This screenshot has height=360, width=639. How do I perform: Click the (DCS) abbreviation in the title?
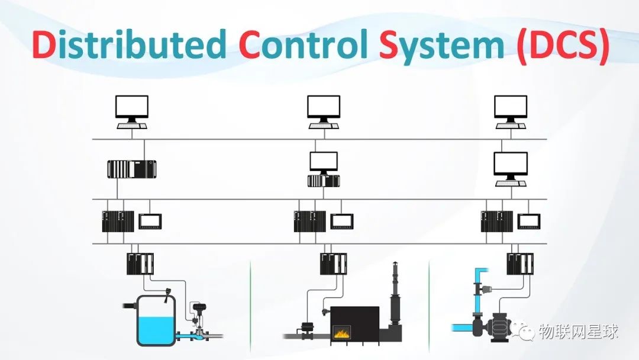pyautogui.click(x=562, y=45)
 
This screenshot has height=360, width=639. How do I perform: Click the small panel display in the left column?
pyautogui.click(x=150, y=221)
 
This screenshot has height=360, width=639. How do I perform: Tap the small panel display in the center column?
pyautogui.click(x=341, y=221)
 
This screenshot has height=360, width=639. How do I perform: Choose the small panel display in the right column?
pyautogui.click(x=529, y=221)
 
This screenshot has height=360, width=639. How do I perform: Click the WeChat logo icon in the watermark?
pyautogui.click(x=524, y=333)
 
